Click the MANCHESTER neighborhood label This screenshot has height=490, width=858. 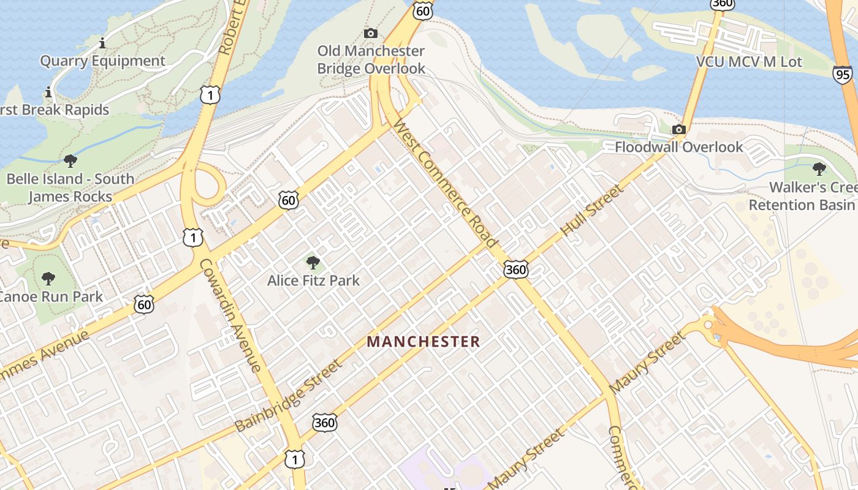(x=423, y=342)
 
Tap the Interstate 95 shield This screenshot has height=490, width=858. (x=842, y=74)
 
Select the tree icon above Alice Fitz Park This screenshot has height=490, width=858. (x=313, y=263)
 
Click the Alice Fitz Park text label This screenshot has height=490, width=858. (x=313, y=281)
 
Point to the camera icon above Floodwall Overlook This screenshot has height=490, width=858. (x=678, y=129)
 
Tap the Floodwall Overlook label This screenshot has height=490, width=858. (x=678, y=147)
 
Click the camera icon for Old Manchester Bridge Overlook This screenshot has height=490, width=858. (x=370, y=33)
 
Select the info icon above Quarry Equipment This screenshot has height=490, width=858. (x=102, y=43)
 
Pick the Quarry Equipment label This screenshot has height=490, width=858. (x=102, y=61)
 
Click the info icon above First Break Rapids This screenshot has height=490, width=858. (x=48, y=92)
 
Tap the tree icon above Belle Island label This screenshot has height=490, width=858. (x=70, y=161)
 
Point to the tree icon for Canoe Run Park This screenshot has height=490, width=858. (x=48, y=279)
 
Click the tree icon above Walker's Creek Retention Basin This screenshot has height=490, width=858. (x=819, y=169)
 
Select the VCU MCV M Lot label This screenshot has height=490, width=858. (x=749, y=62)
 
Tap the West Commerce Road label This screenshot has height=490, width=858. (x=446, y=183)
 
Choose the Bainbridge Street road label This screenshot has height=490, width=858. (x=288, y=395)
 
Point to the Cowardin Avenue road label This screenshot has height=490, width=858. (x=231, y=315)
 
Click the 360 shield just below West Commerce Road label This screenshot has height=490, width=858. (x=516, y=269)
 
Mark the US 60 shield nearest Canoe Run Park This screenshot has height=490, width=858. (x=144, y=304)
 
